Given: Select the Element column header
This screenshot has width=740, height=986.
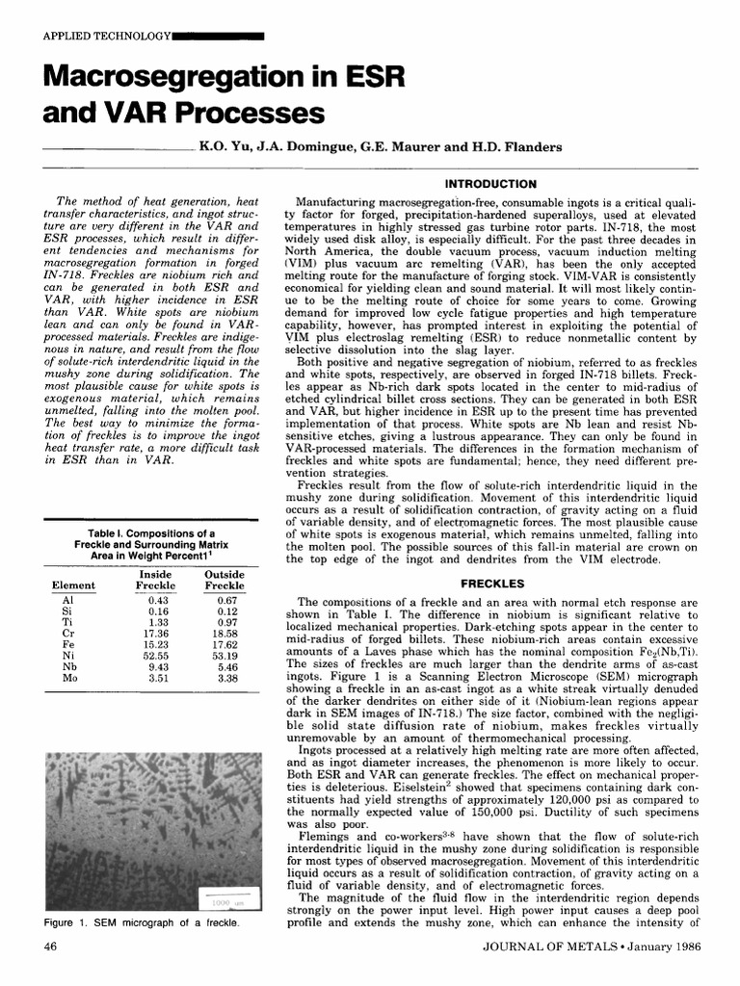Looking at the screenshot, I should point(72,584).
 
